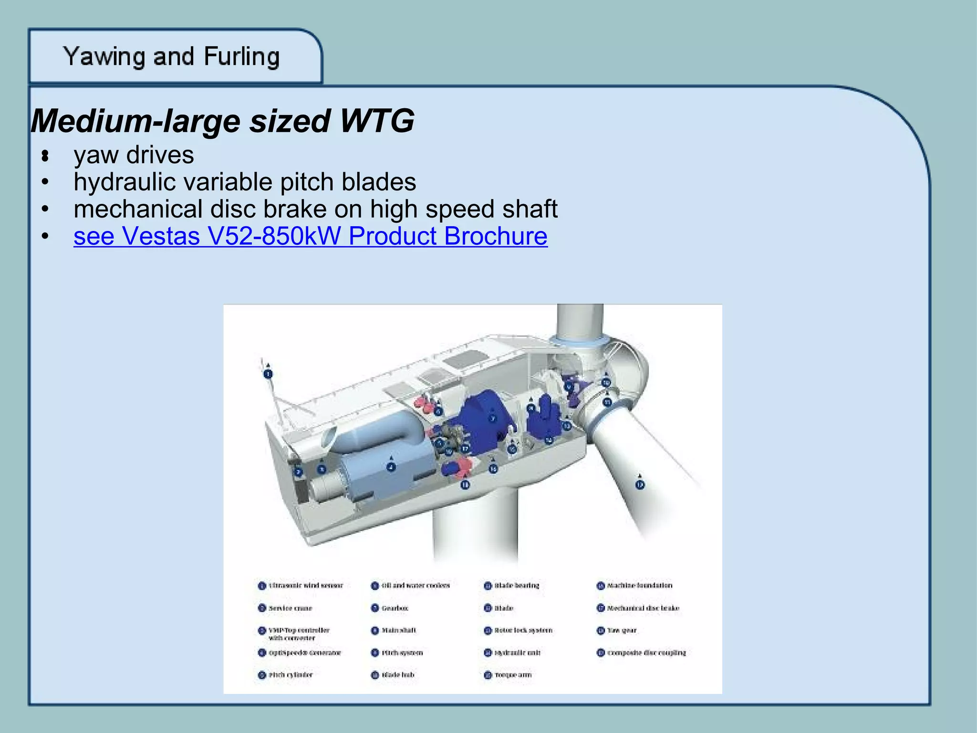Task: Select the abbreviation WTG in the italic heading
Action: [377, 121]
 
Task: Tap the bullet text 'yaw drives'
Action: [134, 155]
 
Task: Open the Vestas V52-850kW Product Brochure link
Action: [310, 236]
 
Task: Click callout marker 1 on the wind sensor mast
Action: [268, 374]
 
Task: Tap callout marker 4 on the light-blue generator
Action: [391, 467]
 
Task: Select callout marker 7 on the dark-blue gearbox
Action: [493, 419]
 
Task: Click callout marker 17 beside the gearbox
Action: [465, 449]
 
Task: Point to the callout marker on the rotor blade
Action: [640, 484]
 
